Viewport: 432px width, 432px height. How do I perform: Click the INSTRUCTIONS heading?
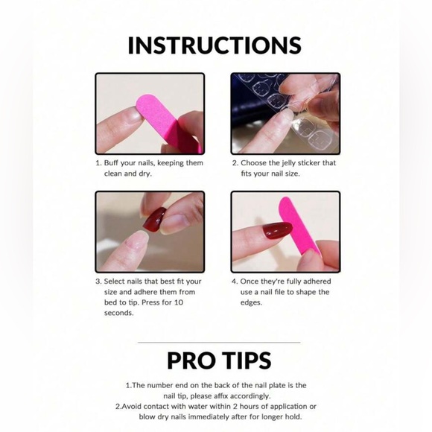coord(215,45)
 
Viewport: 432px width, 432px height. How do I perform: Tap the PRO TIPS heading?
coord(219,360)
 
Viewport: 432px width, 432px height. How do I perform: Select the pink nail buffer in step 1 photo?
coord(168,121)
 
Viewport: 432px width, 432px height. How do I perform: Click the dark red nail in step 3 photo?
coord(154,220)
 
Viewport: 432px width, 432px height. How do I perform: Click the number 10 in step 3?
coord(179,302)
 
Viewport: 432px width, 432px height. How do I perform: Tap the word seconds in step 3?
coord(118,314)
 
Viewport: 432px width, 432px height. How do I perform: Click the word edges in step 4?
coord(251,303)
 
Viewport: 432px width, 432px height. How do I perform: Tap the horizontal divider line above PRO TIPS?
coord(219,343)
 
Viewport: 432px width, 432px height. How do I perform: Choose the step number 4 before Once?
coord(234,282)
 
